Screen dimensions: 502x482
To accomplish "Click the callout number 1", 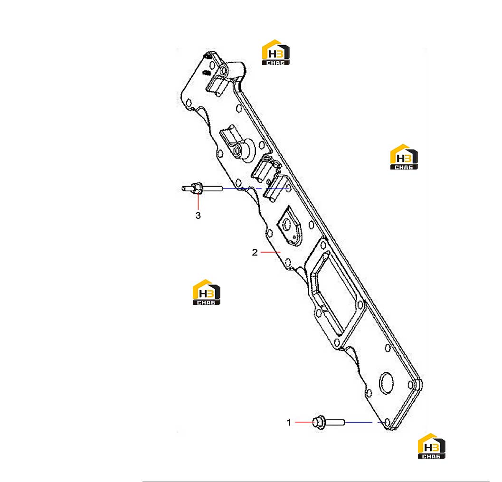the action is (289, 423).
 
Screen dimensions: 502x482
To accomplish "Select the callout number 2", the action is (255, 253).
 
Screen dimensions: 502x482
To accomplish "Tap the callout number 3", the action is (198, 216).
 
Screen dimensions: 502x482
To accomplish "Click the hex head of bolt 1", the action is (319, 423).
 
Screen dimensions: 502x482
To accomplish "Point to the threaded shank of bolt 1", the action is (335, 423).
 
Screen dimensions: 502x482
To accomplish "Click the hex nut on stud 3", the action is (198, 188).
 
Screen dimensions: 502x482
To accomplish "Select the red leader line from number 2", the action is (271, 252).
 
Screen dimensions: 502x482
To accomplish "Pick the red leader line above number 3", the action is (198, 201).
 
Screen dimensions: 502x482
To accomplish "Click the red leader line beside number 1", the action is (304, 422).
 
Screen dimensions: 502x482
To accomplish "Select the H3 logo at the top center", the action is (275, 52).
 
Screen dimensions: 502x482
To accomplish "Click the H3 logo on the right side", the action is (404, 157).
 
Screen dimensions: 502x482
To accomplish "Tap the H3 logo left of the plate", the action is (207, 292).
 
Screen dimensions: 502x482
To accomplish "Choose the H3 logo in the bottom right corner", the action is (432, 446).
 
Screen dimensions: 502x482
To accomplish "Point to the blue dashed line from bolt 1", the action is (365, 423).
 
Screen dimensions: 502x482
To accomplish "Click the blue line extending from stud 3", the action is (256, 189).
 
